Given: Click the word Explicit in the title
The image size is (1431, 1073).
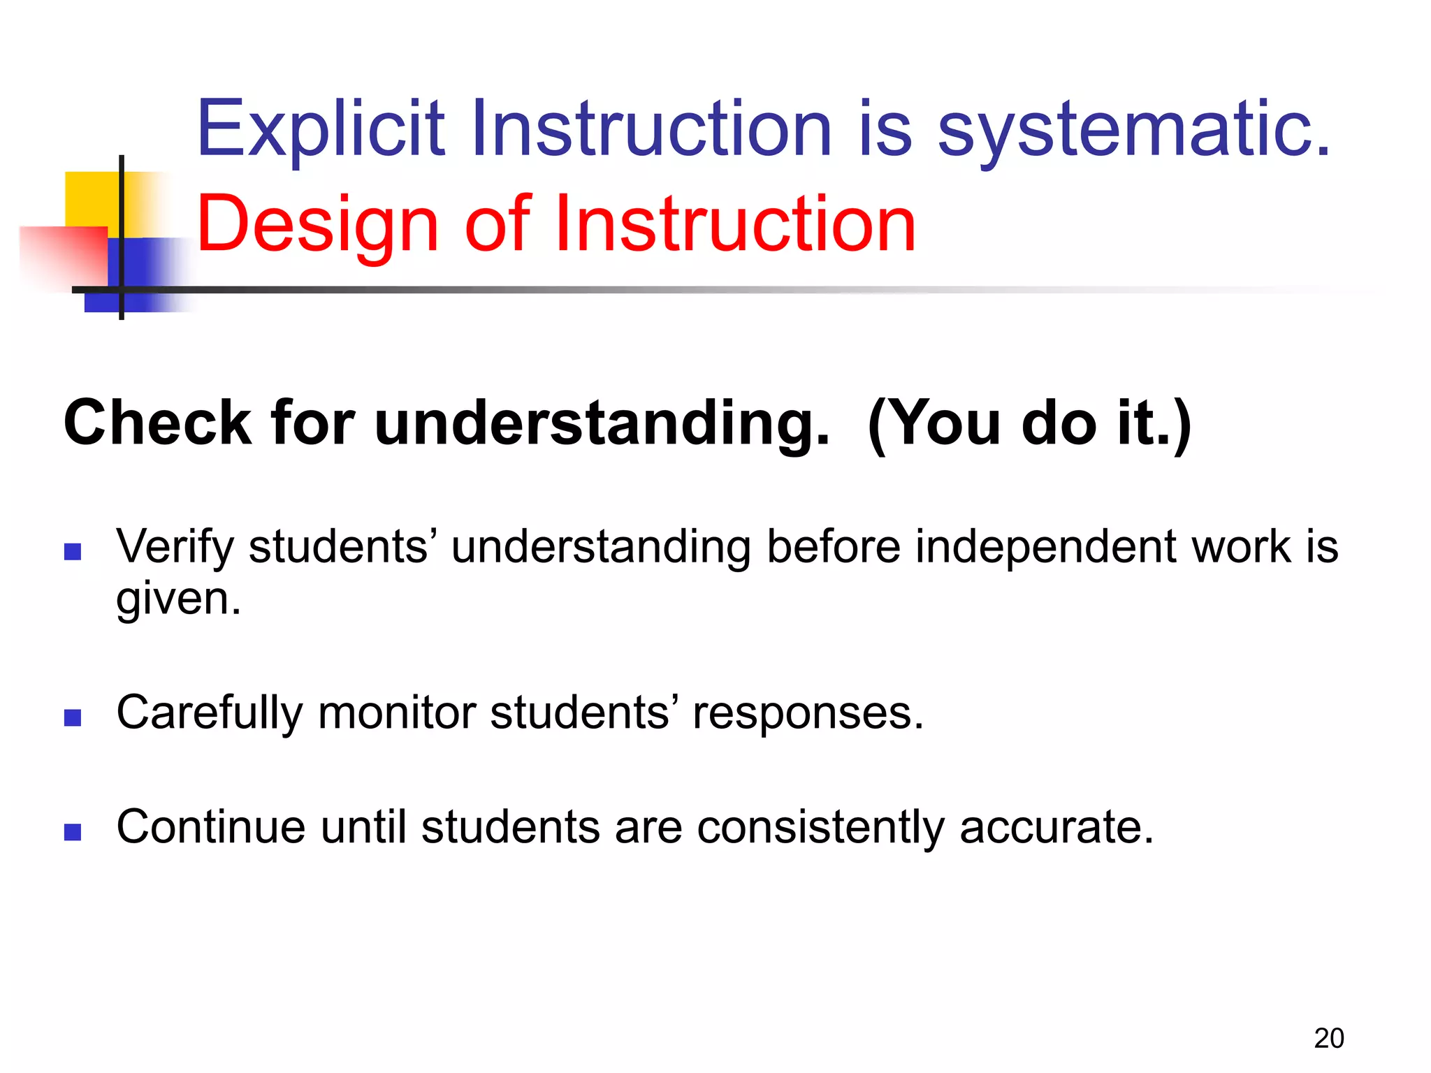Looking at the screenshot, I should click(320, 129).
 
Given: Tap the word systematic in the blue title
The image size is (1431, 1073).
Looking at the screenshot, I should click(1133, 129).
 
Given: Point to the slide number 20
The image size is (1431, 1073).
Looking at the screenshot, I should click(1328, 1038).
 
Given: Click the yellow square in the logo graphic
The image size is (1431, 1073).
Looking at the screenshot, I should click(91, 199).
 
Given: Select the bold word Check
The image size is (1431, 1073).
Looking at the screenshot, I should click(157, 423).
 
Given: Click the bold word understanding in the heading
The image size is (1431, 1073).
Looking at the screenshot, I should click(602, 423).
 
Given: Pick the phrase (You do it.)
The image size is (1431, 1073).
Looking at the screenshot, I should click(1029, 423).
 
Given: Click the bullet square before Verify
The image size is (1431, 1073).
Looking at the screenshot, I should click(73, 553).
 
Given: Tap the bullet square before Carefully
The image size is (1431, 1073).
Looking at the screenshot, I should click(73, 718).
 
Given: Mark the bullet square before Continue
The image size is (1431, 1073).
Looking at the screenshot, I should click(73, 832).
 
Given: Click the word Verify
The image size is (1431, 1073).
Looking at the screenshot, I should click(175, 547).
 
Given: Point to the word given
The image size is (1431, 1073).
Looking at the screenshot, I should click(178, 599).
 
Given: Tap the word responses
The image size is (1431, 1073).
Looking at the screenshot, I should click(808, 714).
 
